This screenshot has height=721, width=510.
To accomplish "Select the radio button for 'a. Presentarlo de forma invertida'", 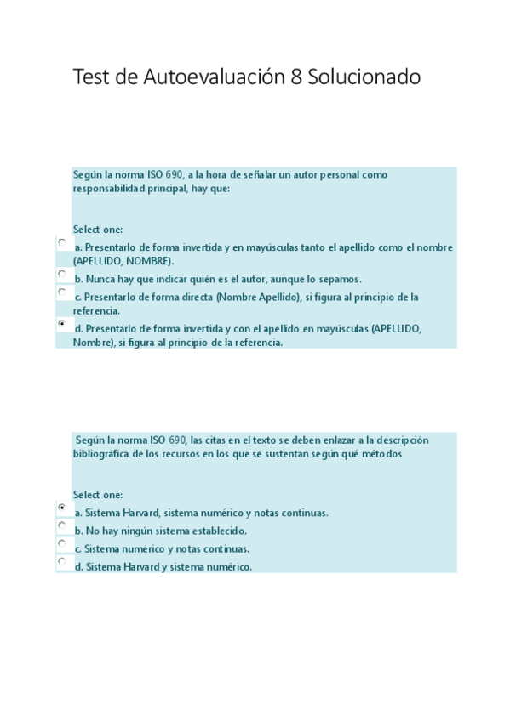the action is click(62, 242).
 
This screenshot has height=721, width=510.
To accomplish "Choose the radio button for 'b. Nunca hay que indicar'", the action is click(62, 274).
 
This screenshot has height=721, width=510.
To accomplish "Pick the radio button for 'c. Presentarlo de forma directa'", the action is click(62, 292).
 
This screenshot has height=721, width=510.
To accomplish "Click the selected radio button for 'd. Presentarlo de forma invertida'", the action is click(62, 323).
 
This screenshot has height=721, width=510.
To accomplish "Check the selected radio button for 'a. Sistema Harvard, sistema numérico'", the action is click(62, 507).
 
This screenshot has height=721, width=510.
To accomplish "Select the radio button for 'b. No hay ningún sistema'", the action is click(62, 525).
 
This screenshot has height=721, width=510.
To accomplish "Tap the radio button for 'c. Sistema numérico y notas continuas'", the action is click(62, 543).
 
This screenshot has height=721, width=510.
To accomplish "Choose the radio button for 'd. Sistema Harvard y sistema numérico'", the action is click(62, 561).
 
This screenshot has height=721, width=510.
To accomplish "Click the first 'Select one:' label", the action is click(98, 230).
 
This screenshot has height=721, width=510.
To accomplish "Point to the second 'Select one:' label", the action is click(98, 495).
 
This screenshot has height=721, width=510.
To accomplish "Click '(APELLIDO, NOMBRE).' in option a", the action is click(124, 261).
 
